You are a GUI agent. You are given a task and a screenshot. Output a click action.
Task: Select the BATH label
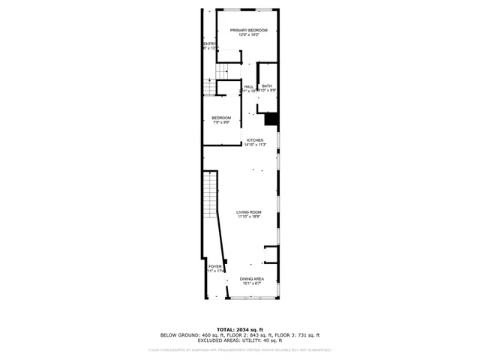pos(267,85)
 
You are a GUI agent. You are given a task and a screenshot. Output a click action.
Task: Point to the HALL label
pos(249,86)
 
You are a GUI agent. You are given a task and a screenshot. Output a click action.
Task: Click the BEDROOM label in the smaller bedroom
pos(221,118)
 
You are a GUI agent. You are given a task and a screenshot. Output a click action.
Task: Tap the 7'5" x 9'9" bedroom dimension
pos(221,123)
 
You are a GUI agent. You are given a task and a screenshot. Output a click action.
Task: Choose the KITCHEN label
pos(254,140)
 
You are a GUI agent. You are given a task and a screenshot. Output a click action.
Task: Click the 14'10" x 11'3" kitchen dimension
pos(254,145)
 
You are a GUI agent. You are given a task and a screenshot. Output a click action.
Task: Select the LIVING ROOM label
pos(249,212)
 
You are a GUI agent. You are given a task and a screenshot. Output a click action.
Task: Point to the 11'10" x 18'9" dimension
pos(249,217)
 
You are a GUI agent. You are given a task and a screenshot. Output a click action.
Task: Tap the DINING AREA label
pos(251,279)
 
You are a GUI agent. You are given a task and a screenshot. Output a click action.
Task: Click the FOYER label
pos(215,266)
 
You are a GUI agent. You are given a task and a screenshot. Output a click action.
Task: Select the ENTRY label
pos(209,43)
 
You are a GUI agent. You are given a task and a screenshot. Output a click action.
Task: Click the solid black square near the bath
pos(271,118)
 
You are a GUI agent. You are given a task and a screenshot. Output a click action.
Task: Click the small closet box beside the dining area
pos(272,255)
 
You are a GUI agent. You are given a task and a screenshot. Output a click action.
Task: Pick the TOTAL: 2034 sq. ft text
pos(240,329)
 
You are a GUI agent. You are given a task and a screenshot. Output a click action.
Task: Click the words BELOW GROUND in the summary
pos(178,334)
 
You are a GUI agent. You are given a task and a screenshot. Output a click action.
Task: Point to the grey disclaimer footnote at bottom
pos(240,349)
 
